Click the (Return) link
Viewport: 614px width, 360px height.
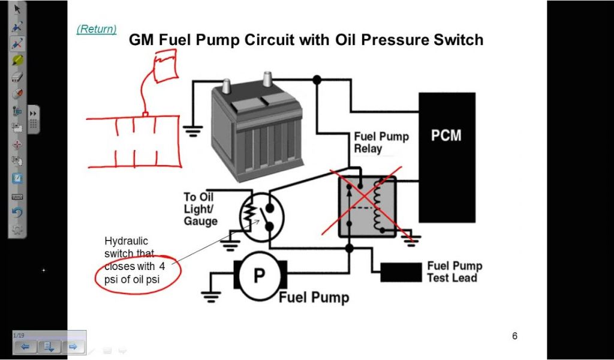(x=97, y=29)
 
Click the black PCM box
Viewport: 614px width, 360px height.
(x=447, y=157)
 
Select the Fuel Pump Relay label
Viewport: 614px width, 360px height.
(x=381, y=142)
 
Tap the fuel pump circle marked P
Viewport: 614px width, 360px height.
(x=259, y=276)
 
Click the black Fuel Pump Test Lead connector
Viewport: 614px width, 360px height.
(x=401, y=272)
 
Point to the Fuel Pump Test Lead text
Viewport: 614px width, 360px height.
(x=454, y=272)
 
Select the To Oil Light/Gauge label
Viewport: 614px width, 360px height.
(x=199, y=209)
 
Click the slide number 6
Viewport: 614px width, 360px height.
(x=514, y=336)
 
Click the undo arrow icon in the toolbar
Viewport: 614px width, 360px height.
(x=17, y=212)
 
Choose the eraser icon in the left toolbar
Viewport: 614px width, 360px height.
(x=17, y=77)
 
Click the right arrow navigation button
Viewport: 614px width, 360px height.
(x=73, y=346)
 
